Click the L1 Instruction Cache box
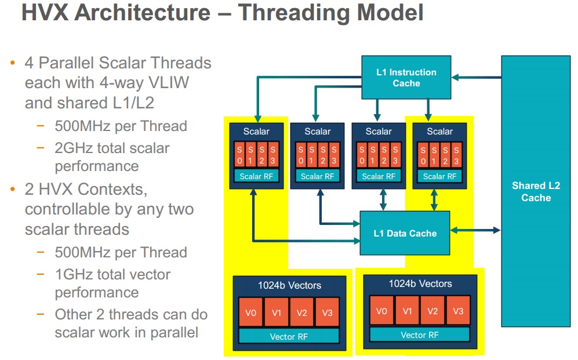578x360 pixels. (x=406, y=77)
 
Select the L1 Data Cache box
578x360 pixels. (x=405, y=233)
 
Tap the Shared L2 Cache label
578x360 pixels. (x=536, y=192)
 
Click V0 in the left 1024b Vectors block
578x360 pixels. (x=251, y=312)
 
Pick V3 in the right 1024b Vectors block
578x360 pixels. (x=458, y=311)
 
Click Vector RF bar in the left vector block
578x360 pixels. (x=289, y=336)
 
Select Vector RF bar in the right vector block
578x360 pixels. (x=420, y=334)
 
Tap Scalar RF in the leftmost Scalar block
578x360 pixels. (x=256, y=176)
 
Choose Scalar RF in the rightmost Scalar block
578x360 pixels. (x=439, y=176)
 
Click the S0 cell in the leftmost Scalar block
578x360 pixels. (x=239, y=155)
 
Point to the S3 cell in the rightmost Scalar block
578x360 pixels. (x=456, y=155)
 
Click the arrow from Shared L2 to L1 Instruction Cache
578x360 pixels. (x=477, y=77)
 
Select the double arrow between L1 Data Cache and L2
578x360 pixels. (x=475, y=230)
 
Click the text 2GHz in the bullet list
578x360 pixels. (x=74, y=148)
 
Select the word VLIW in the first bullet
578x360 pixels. (x=169, y=82)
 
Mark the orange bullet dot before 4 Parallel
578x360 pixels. (x=13, y=63)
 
